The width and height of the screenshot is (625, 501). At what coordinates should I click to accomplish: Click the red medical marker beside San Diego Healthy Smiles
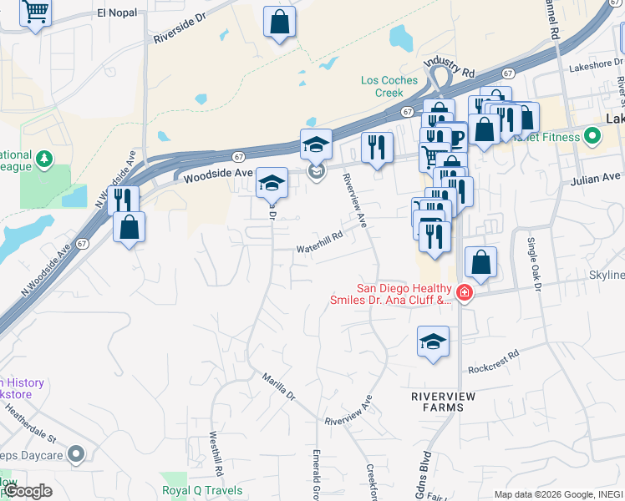point(464,293)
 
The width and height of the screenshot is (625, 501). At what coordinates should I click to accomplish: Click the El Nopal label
point(115,13)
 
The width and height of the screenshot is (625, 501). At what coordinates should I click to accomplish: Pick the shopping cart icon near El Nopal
point(35,12)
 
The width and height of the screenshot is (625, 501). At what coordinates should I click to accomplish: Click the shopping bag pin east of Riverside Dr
point(279,22)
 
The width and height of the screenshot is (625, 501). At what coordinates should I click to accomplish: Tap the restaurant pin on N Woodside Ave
point(123,200)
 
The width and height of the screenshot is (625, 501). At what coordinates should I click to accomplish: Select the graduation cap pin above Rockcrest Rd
point(433,341)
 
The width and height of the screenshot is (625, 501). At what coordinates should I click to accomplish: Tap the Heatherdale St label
point(29,423)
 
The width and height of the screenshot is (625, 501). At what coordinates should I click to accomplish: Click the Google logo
point(28,491)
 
